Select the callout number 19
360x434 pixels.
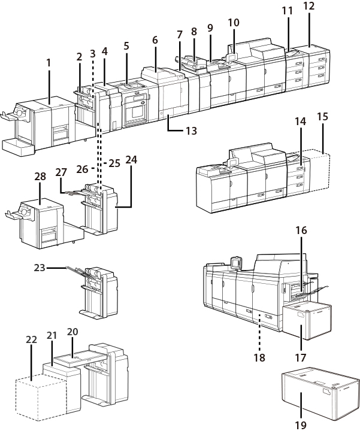click(301, 426)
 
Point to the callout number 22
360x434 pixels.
click(31, 339)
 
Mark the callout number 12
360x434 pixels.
click(309, 7)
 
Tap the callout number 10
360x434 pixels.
click(234, 23)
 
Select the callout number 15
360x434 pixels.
click(323, 116)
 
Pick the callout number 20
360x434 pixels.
click(72, 332)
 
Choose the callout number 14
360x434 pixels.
click(300, 123)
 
